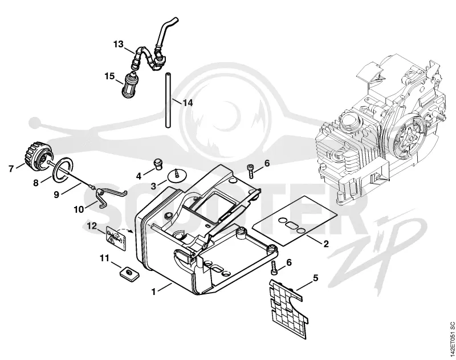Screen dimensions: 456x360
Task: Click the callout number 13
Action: tap(119, 45)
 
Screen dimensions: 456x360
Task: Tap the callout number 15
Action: tap(110, 76)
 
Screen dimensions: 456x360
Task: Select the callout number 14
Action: tap(188, 103)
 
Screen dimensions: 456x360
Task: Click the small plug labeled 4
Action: tap(158, 165)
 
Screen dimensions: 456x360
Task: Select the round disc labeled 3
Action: tap(178, 177)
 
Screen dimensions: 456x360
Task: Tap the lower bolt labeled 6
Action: tap(274, 267)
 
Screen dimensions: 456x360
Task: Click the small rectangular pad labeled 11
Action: tap(129, 274)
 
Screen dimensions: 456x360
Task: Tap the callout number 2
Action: tap(326, 244)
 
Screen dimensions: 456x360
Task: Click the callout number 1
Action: tap(153, 292)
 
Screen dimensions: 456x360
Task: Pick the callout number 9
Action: tap(56, 194)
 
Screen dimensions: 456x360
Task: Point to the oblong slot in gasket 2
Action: tap(292, 225)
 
